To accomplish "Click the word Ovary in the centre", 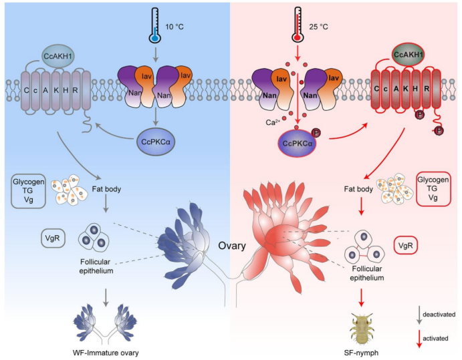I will click(x=230, y=246).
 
